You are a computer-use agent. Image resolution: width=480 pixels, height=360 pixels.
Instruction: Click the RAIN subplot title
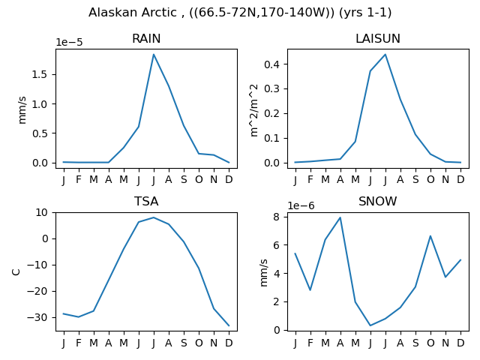(x=146, y=39)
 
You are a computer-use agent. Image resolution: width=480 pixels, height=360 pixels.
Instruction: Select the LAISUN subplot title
(x=378, y=39)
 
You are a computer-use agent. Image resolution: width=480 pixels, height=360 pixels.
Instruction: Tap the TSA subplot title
(x=146, y=202)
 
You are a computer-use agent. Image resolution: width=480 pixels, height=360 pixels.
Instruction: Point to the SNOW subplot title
(x=378, y=202)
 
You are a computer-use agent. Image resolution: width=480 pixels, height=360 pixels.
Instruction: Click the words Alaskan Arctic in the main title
(x=133, y=13)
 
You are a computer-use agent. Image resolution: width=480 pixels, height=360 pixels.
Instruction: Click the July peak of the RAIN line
(x=154, y=55)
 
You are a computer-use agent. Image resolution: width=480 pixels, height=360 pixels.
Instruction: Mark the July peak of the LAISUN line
(x=385, y=55)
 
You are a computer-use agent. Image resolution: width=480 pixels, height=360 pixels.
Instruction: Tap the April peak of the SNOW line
(x=340, y=217)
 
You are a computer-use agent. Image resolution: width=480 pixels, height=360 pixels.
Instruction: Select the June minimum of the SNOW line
(x=370, y=325)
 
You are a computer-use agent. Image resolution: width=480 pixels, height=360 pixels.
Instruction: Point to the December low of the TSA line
(x=229, y=325)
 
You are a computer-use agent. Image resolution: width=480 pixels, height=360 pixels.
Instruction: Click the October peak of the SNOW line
(x=430, y=236)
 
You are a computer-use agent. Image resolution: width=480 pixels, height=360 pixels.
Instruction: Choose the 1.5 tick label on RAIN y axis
(x=40, y=75)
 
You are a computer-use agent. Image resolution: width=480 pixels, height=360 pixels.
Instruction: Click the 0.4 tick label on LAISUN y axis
(x=271, y=64)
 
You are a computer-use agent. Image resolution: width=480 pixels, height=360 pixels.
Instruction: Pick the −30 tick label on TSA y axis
(x=37, y=318)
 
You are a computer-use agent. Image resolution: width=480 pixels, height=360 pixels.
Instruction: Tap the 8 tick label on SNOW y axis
(x=277, y=217)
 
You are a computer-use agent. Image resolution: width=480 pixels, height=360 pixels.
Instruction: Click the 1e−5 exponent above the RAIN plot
(x=69, y=43)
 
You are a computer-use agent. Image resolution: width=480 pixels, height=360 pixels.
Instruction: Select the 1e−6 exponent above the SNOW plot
(x=301, y=205)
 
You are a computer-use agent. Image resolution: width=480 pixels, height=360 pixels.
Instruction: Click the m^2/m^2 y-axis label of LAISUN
(x=254, y=110)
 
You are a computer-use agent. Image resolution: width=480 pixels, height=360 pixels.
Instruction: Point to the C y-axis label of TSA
(x=16, y=271)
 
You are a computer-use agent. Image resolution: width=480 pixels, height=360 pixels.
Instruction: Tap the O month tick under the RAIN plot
(x=199, y=180)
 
